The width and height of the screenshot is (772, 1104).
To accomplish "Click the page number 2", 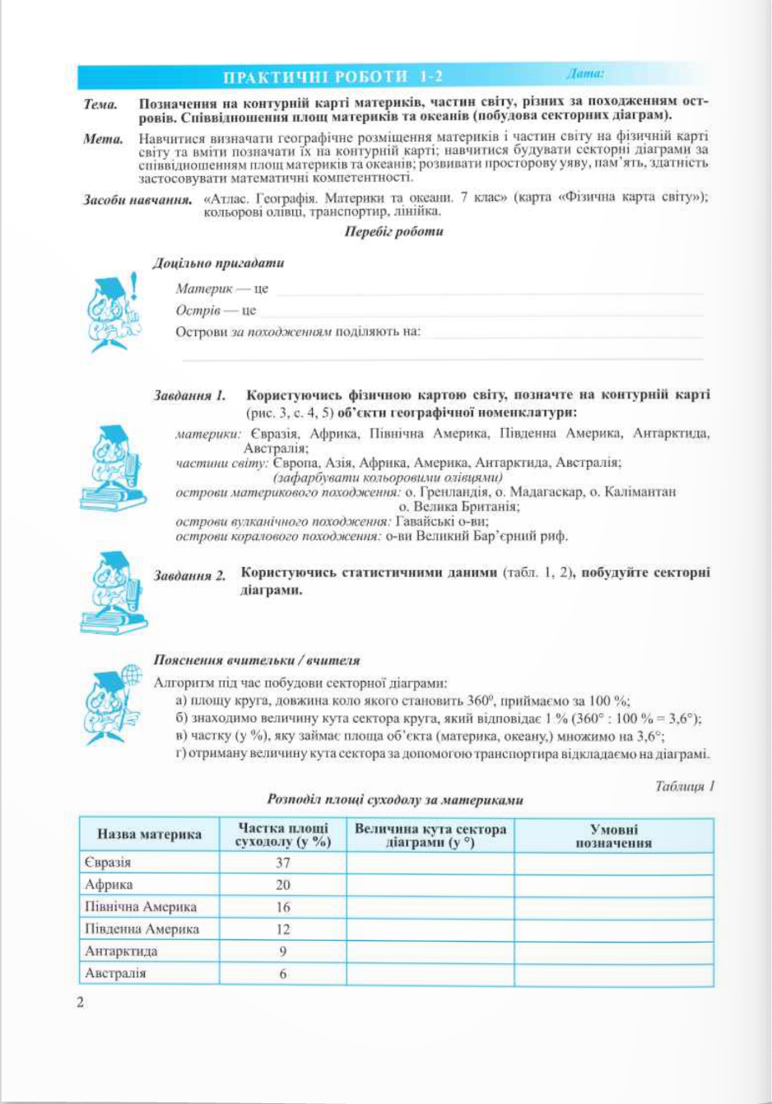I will pos(80,1002).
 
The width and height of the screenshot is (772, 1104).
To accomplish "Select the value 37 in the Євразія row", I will pos(283,863).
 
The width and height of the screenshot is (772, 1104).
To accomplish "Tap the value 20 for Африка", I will pos(283,885).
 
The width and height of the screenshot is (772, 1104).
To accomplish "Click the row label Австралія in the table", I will pos(115,973).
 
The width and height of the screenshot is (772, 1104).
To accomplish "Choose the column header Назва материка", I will pos(149,834).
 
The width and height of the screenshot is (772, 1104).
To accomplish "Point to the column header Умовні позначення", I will pos(614,836).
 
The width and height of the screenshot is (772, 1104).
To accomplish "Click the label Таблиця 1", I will pos(685,786).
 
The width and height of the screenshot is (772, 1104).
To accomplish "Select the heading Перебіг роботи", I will pos(394,232).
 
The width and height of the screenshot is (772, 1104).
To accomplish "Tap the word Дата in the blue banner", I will pos(585,74).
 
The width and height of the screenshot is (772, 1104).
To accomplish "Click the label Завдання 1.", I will pos(190,396).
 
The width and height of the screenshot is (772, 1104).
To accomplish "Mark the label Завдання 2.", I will pos(190,575).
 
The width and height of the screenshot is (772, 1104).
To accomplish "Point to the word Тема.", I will pos(100,105).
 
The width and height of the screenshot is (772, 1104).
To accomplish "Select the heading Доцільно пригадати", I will pos(218,263).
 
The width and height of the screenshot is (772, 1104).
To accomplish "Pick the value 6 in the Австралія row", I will pos(283,973).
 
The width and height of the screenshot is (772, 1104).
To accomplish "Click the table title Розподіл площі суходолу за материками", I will pos(395,799).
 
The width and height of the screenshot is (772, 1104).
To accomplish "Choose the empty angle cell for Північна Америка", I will pos(430,907).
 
